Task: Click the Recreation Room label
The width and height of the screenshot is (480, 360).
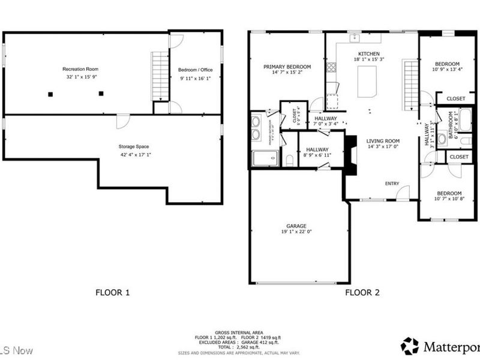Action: [81, 69]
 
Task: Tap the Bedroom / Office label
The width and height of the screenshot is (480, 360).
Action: [196, 70]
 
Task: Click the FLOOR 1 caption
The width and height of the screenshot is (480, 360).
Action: [112, 293]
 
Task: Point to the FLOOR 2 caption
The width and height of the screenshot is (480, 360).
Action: [362, 293]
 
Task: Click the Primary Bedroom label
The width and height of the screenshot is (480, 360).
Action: [287, 66]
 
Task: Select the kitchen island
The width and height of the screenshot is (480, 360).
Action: [367, 82]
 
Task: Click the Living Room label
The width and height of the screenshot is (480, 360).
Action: [383, 140]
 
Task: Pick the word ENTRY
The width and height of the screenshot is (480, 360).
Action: [392, 184]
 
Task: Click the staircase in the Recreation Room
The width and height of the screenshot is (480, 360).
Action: [160, 76]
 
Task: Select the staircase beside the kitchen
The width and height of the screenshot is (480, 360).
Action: [410, 84]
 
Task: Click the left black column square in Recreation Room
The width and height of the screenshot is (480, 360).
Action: [50, 93]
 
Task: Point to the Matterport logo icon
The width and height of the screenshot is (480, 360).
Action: [410, 346]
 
